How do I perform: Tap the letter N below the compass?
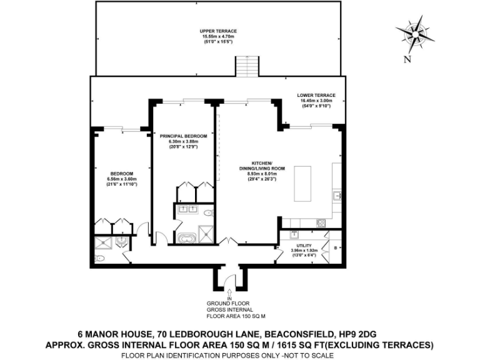[x=407, y=59]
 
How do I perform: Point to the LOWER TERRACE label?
[x=317, y=95]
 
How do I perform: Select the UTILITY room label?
[x=304, y=246]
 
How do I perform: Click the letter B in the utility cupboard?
[x=336, y=248]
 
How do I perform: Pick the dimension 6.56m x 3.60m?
[x=122, y=179]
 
